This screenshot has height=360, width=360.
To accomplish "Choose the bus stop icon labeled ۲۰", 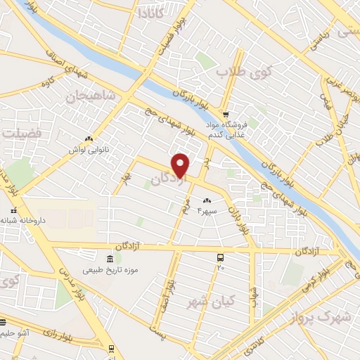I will pyautogui.click(x=221, y=257).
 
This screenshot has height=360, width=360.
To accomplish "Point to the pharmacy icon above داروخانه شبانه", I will pyautogui.click(x=13, y=210).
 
